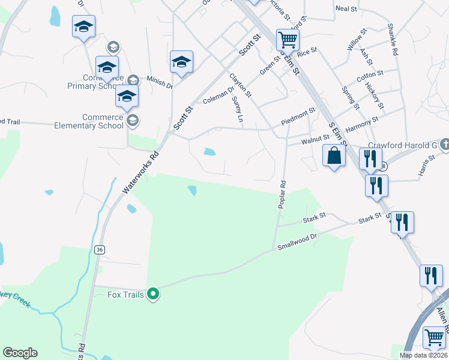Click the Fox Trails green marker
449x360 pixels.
click(x=153, y=294)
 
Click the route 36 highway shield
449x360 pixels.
click(x=100, y=250)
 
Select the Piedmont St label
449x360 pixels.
click(x=299, y=113)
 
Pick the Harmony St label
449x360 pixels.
click(x=363, y=124)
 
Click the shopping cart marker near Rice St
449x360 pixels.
click(x=288, y=40)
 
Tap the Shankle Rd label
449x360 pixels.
click(x=393, y=40)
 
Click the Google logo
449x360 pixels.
click(x=20, y=353)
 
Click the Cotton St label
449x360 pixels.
click(x=370, y=76)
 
